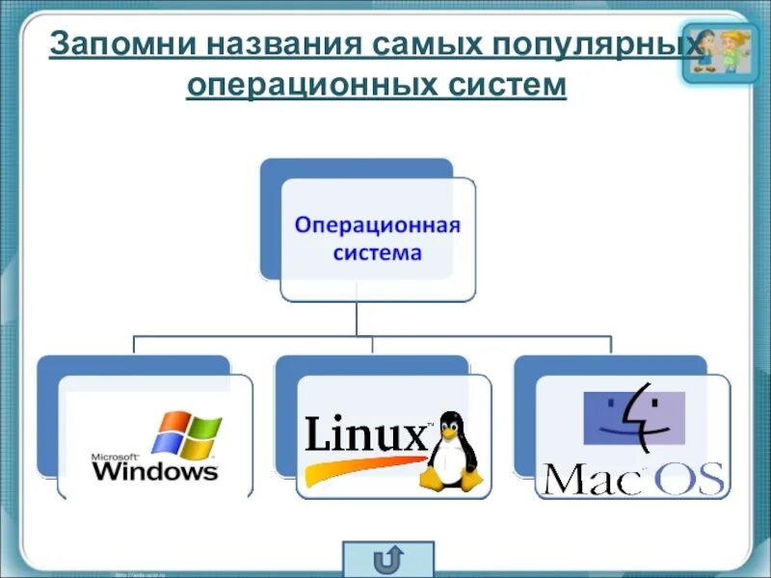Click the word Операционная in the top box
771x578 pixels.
pyautogui.click(x=378, y=226)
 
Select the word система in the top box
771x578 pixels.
pyautogui.click(x=378, y=253)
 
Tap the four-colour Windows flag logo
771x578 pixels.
pyautogui.click(x=188, y=433)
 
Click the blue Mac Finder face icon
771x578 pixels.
pyautogui.click(x=634, y=417)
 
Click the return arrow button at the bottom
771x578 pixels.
pyautogui.click(x=387, y=559)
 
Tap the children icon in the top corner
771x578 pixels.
pyautogui.click(x=717, y=51)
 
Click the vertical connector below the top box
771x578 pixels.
pyautogui.click(x=357, y=317)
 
